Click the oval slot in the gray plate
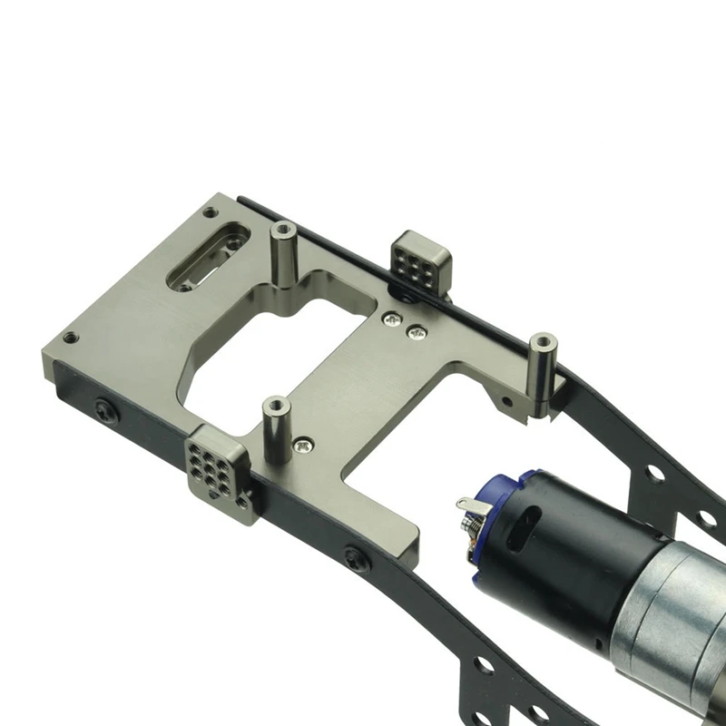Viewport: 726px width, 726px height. point(208,257)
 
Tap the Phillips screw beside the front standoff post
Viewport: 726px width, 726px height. point(302,446)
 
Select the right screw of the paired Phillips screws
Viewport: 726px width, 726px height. point(417,332)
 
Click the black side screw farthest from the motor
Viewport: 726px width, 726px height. point(105,411)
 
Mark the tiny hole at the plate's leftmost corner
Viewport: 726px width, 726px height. point(70,338)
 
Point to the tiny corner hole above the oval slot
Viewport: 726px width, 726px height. point(210,212)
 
